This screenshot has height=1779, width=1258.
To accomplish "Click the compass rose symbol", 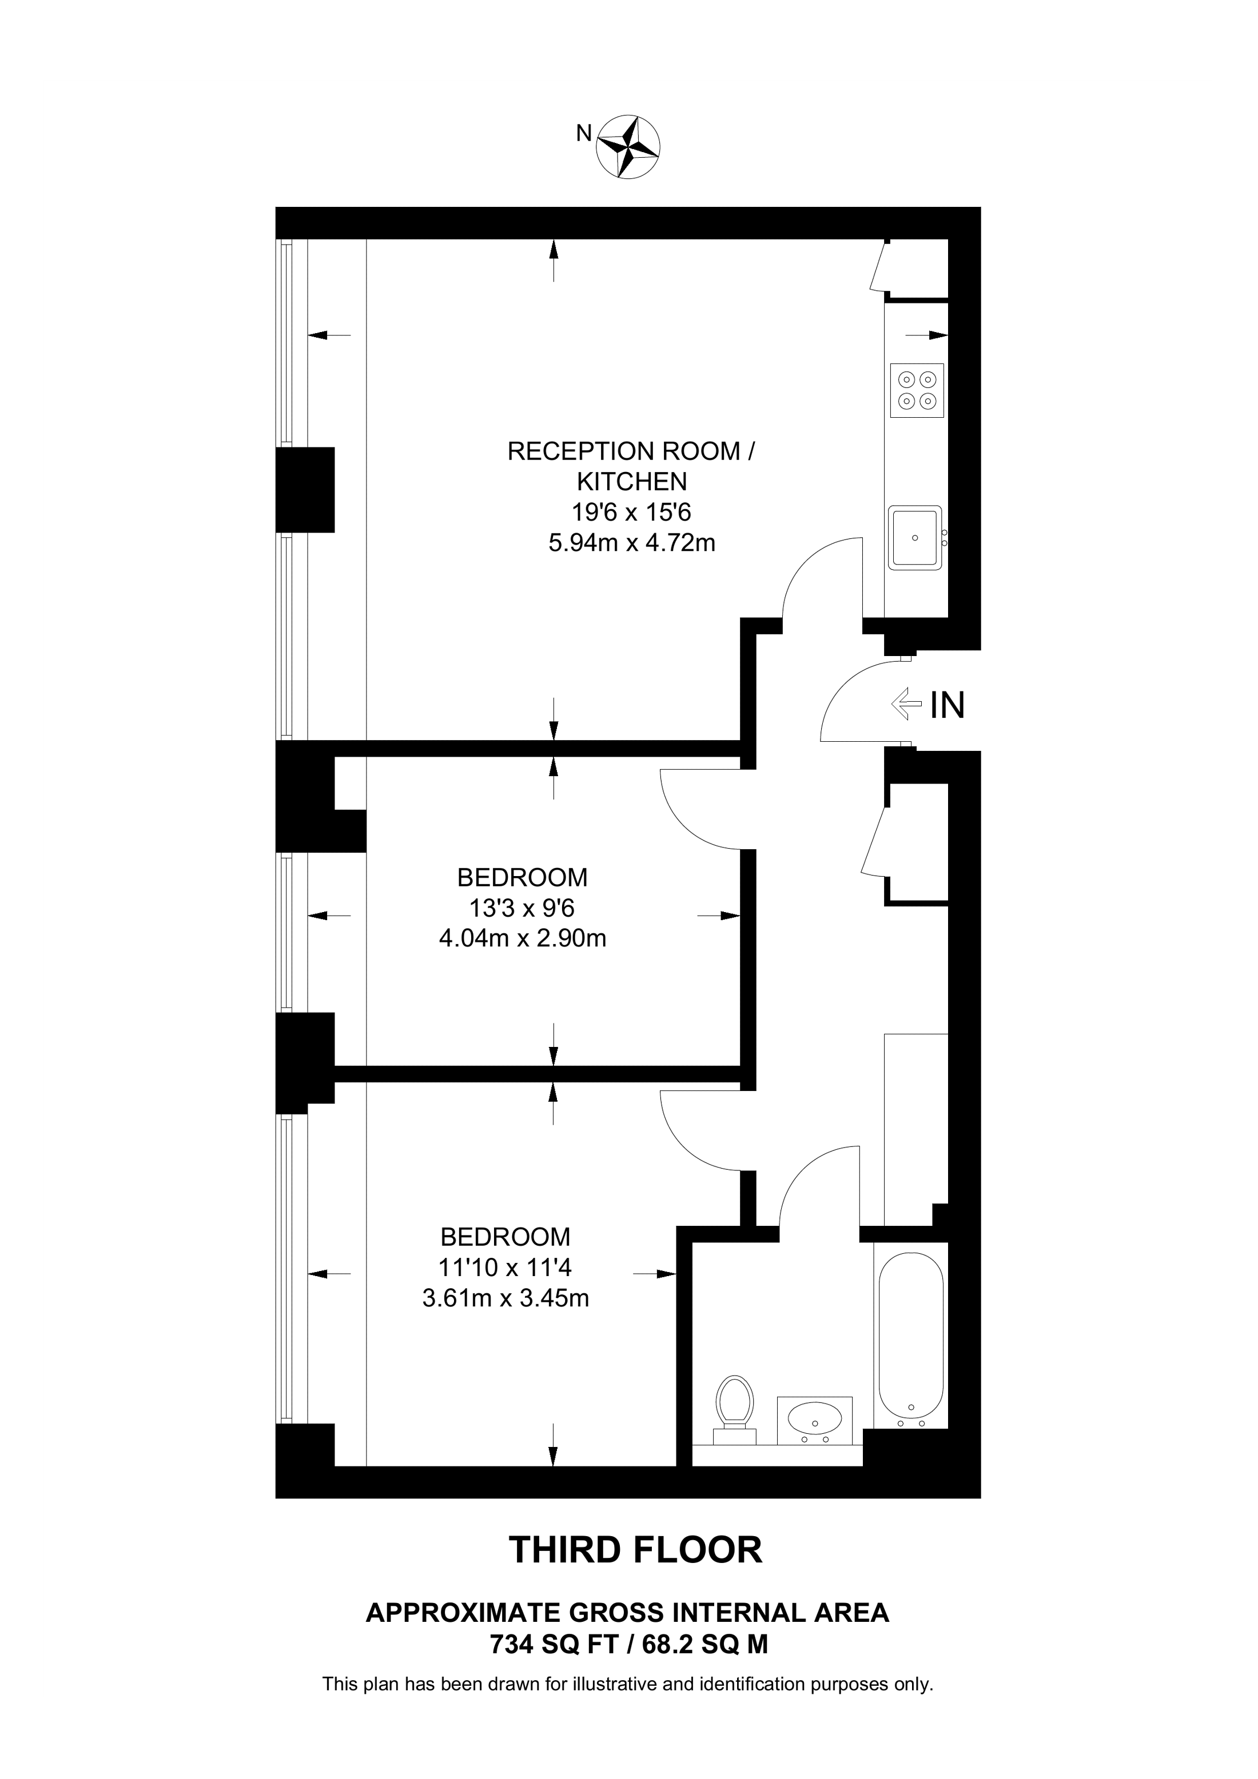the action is tap(628, 147).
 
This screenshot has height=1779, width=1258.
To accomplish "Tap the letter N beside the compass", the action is tap(584, 133).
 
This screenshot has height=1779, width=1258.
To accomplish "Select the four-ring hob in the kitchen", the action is tap(917, 390).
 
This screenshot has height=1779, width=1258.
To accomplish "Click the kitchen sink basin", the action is tap(915, 538).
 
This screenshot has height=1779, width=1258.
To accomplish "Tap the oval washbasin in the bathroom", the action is tap(814, 1419).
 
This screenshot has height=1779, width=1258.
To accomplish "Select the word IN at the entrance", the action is tap(946, 705).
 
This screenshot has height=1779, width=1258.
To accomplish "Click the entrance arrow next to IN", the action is tap(907, 705).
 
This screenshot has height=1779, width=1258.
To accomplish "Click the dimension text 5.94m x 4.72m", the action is tap(632, 543).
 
